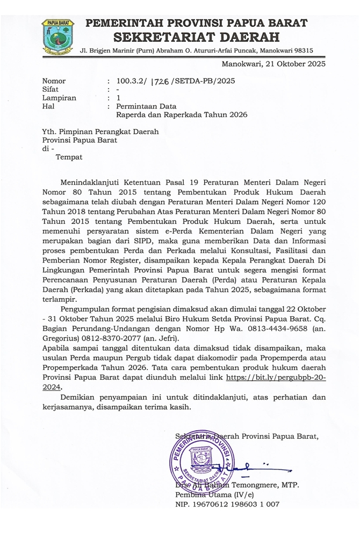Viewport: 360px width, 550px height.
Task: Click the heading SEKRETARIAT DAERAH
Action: (x=197, y=37)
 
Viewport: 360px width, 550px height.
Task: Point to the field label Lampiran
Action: (x=59, y=98)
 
